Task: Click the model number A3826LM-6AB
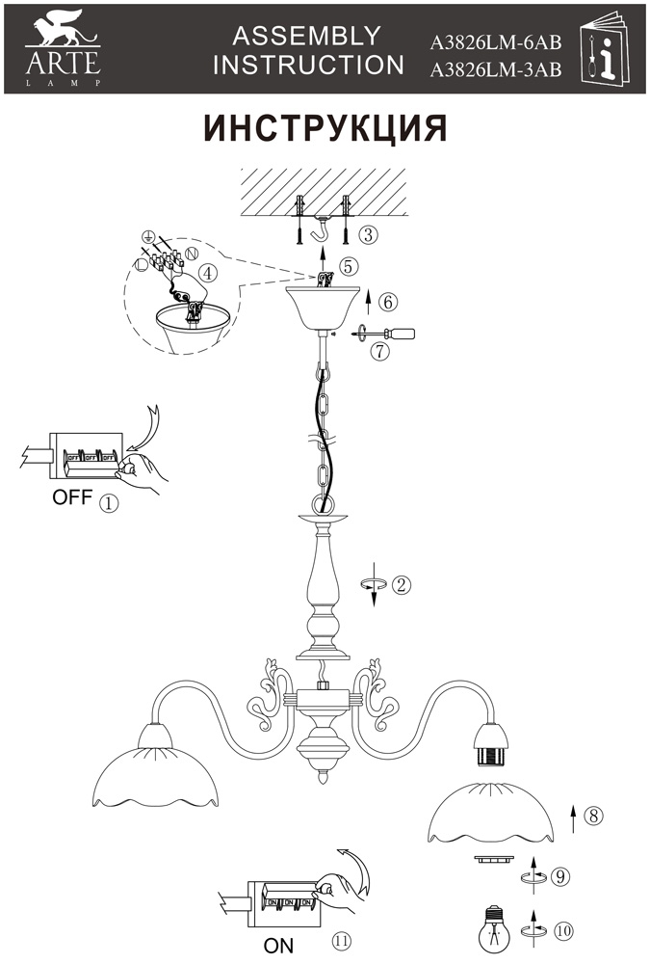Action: (x=495, y=42)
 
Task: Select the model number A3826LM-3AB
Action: (x=495, y=70)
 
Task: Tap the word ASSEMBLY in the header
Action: (x=306, y=37)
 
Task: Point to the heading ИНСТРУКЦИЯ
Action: (x=325, y=128)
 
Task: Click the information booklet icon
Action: (x=605, y=49)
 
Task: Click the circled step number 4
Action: (x=209, y=273)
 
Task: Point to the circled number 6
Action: (x=388, y=303)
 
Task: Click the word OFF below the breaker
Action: (x=72, y=496)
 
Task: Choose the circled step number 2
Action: (x=401, y=584)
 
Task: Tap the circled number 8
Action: (x=593, y=816)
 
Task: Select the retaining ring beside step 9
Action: (x=492, y=858)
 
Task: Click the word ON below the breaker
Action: (x=278, y=946)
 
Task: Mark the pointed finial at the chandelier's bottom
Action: (x=323, y=777)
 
